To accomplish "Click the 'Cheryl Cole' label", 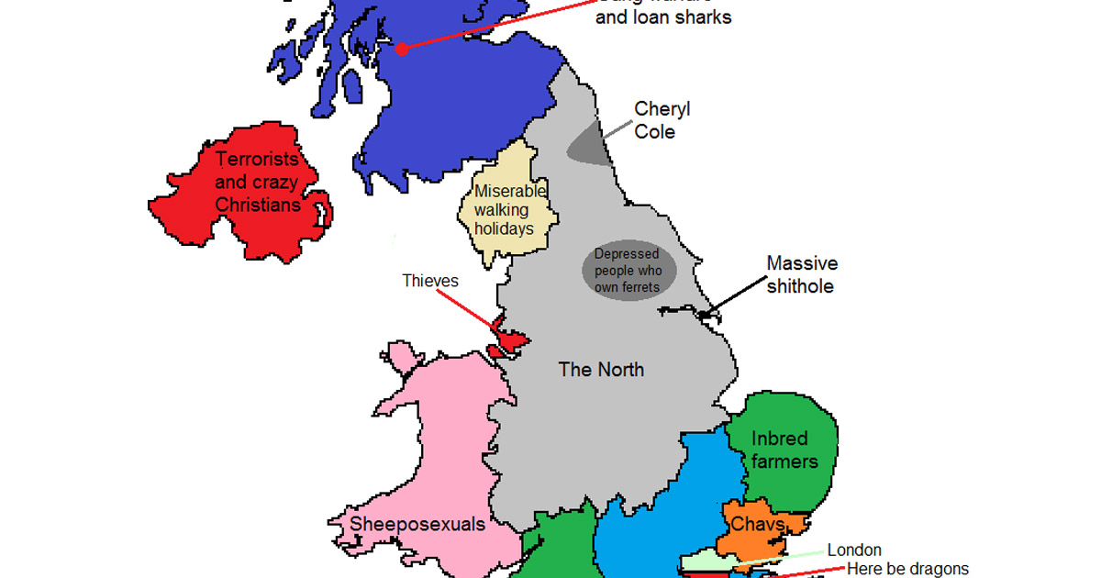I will (x=662, y=120).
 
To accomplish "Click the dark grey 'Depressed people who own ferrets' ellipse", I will (x=629, y=271).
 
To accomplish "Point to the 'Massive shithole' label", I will (x=802, y=274).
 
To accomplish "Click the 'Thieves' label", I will (x=429, y=281).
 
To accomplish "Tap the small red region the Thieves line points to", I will (x=508, y=341).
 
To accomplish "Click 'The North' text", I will (x=601, y=370).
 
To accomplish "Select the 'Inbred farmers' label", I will (x=784, y=450).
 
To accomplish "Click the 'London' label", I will (x=854, y=550).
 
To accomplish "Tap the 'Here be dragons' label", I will (x=906, y=569).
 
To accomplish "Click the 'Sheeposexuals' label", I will (x=406, y=524).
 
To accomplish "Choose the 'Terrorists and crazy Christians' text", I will (x=258, y=182).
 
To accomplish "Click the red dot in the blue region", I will (x=401, y=48).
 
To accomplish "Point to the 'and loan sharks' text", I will (x=663, y=17).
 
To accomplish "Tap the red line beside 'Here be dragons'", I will (x=807, y=572).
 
